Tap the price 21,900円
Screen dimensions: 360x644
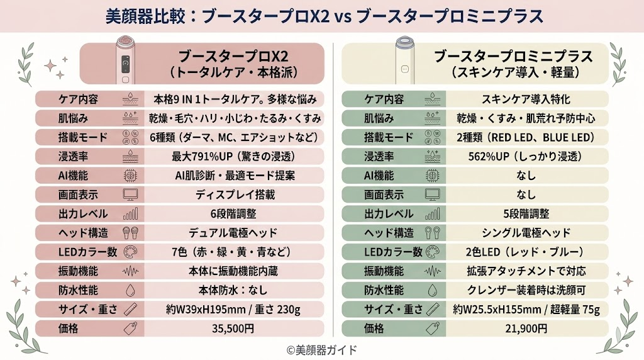point(526,328)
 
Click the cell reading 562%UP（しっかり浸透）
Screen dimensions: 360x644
point(526,156)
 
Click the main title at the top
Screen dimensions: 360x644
point(321,15)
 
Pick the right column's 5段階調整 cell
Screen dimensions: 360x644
point(526,213)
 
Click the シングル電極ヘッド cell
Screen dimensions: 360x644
point(526,233)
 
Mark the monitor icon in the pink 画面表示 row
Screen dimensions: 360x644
point(131,194)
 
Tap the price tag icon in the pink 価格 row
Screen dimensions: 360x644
point(131,328)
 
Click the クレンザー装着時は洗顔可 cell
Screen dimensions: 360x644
point(526,290)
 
